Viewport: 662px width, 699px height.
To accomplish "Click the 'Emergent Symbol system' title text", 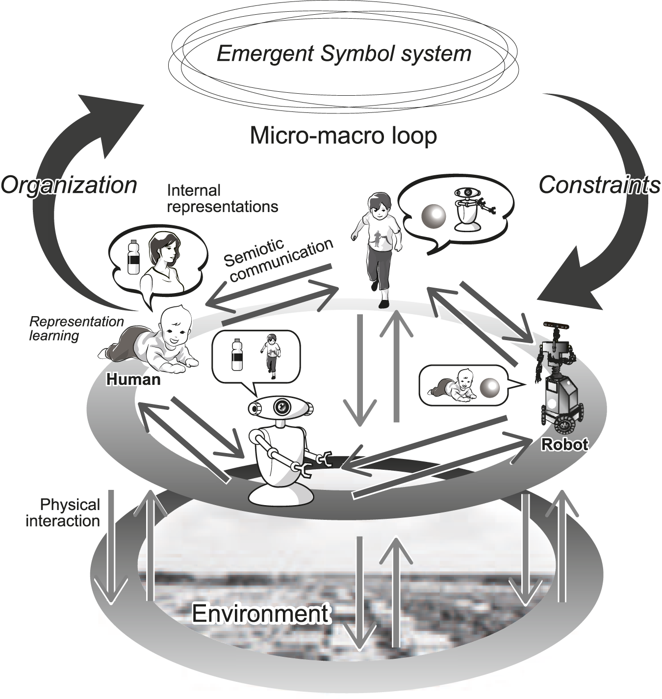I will click(343, 54).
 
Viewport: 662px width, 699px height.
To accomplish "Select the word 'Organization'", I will click(69, 185).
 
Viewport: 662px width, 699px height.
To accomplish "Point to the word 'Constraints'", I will click(599, 185).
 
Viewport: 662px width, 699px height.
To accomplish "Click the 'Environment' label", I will click(260, 613).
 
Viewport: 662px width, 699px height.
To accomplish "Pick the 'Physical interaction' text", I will click(63, 512).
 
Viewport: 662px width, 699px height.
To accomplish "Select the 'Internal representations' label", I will click(222, 198).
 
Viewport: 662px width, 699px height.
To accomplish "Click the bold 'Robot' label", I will click(564, 445).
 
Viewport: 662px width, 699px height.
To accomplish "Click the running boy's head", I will click(380, 206).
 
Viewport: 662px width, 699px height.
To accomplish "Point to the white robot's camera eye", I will click(281, 406).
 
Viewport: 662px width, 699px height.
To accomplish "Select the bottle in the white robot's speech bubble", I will click(236, 355).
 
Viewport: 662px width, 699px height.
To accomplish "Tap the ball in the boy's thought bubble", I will click(434, 215).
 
